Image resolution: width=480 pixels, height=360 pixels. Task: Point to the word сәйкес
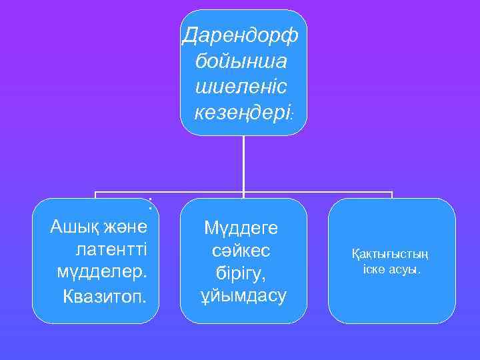[243, 251]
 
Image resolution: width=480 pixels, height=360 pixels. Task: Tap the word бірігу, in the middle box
[243, 273]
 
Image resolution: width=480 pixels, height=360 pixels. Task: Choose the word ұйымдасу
[243, 295]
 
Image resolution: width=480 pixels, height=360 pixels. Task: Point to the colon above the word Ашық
[151, 205]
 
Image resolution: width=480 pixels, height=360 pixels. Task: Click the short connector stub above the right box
[392, 195]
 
